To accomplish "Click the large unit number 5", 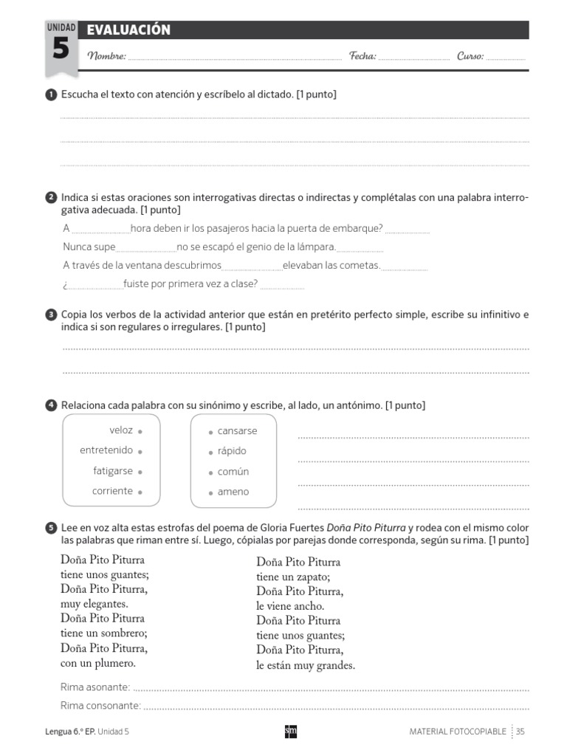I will (x=61, y=50).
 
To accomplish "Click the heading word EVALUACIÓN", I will (x=128, y=30).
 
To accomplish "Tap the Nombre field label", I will (x=107, y=56).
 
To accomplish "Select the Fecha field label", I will (x=362, y=56).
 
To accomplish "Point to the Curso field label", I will (x=470, y=56).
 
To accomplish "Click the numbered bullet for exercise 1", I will (x=51, y=94).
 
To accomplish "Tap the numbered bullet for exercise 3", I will (x=51, y=315).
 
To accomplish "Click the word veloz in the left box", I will (x=121, y=430).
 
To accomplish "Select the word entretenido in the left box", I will (x=106, y=450).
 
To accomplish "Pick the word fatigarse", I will (x=113, y=471).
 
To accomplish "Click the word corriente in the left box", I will (x=112, y=491).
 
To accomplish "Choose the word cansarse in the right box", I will (x=237, y=431).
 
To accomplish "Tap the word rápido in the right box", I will (x=232, y=451).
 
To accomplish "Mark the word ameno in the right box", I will (x=233, y=492).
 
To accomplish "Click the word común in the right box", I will (x=233, y=472).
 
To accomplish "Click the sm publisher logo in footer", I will (x=290, y=731).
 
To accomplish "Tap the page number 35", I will (x=520, y=732).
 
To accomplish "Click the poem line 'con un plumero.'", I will (x=98, y=663).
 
